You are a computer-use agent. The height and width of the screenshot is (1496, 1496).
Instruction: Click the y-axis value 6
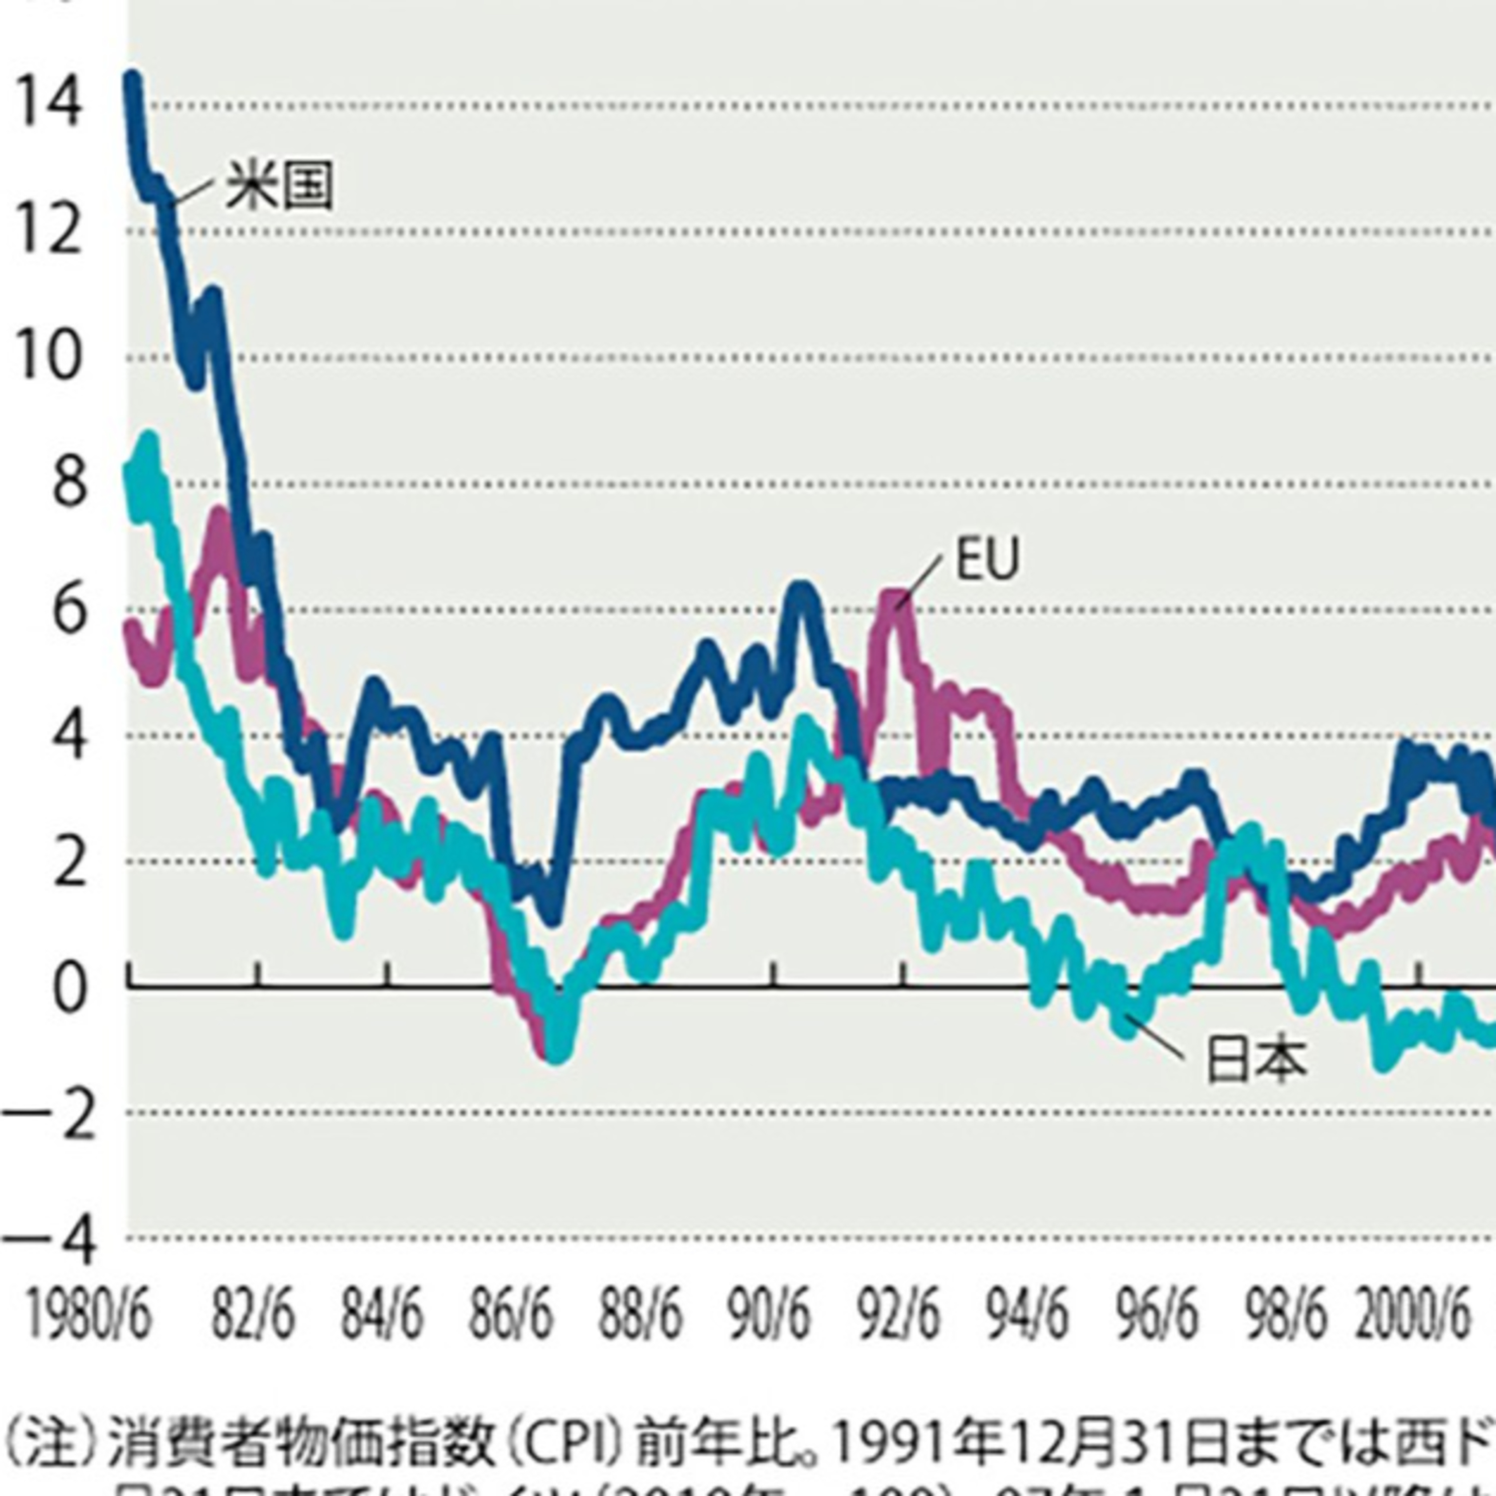click(x=68, y=612)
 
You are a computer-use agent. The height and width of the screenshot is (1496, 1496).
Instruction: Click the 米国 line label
click(x=279, y=186)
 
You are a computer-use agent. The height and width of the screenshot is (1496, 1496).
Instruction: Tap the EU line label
click(x=987, y=559)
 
